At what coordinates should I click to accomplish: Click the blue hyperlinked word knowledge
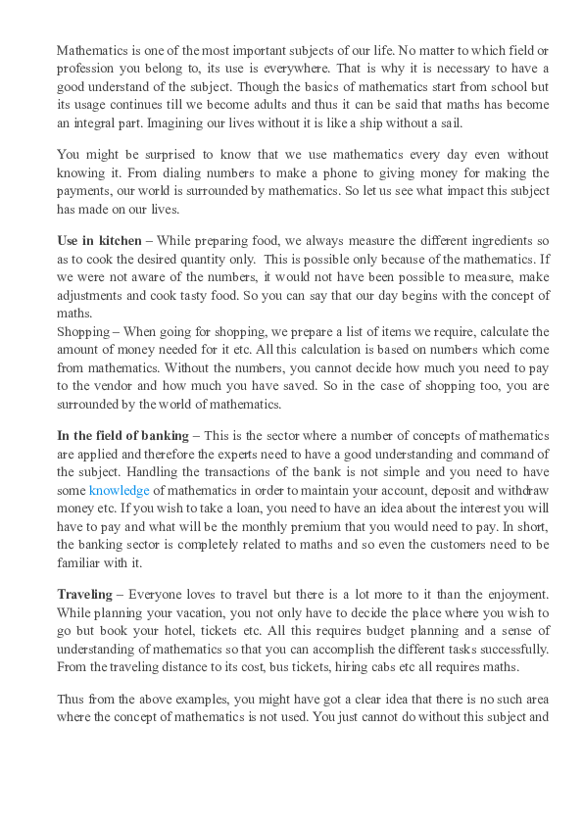[121, 489]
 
